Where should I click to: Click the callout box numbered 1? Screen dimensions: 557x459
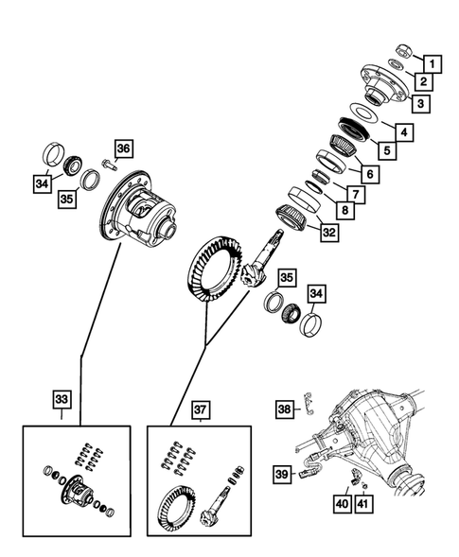[x=432, y=64]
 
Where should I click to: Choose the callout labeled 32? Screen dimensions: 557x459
[x=328, y=232]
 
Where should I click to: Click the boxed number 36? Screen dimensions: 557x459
[x=125, y=148]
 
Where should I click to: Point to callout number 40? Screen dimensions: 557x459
[x=340, y=506]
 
